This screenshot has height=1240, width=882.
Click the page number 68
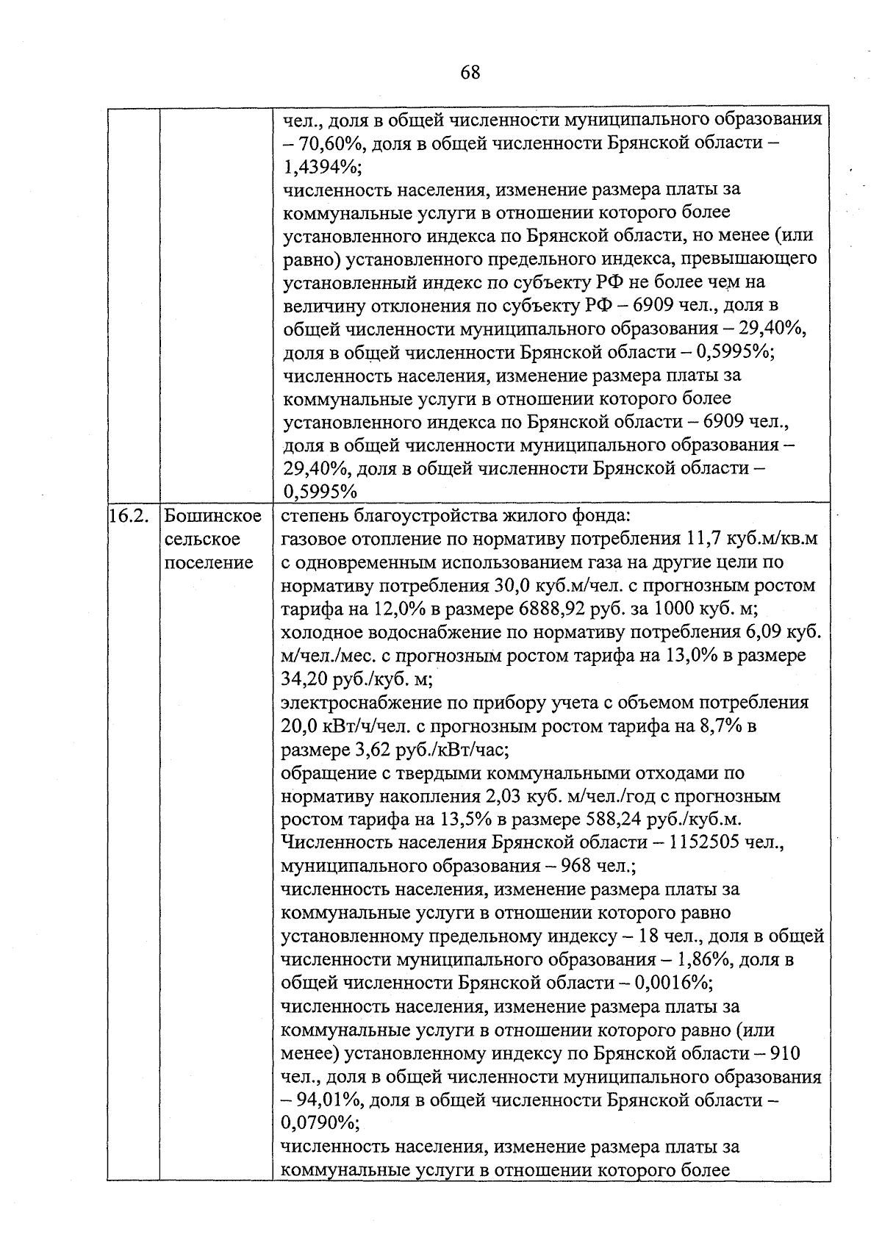click(470, 72)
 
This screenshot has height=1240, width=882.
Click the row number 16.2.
click(129, 516)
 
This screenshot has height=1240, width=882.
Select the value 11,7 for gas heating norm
click(703, 540)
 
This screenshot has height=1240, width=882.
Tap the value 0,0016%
click(670, 983)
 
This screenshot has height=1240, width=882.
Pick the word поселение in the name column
click(209, 563)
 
